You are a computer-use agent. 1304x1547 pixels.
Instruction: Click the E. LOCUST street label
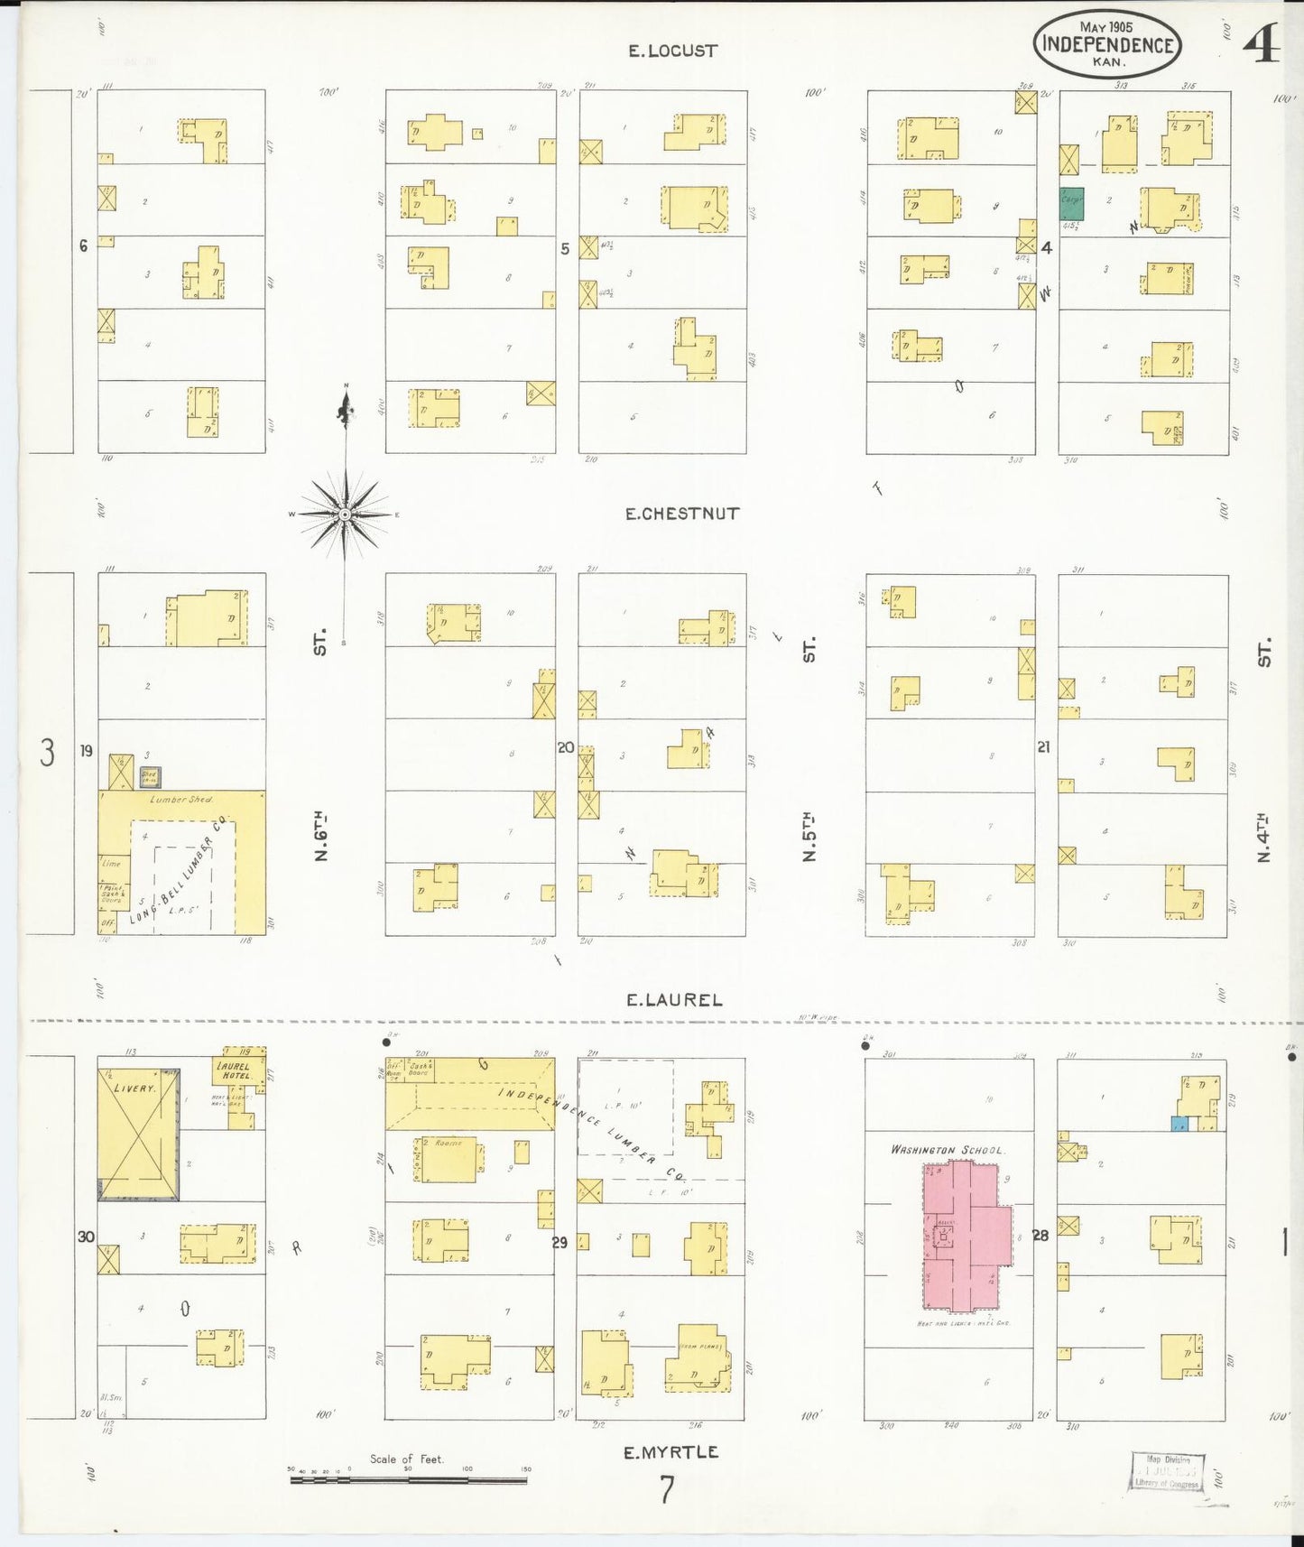(x=672, y=51)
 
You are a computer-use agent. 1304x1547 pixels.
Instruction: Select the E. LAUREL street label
(x=674, y=1000)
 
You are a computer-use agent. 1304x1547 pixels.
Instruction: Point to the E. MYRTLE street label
(x=670, y=1452)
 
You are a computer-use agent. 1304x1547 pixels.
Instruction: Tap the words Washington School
(x=947, y=1150)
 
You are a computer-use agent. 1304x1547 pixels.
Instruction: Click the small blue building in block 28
(x=1179, y=1124)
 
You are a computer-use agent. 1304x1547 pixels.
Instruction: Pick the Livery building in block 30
(x=138, y=1135)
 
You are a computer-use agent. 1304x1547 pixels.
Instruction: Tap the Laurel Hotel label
(x=234, y=1070)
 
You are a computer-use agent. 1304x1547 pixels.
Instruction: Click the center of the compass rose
(x=345, y=514)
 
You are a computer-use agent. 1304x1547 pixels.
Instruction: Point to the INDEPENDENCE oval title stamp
(x=1107, y=44)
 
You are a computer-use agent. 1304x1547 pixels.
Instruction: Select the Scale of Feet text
(x=406, y=1459)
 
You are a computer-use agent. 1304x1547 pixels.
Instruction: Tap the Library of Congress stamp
(x=1168, y=1472)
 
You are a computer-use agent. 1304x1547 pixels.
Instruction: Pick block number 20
(x=566, y=747)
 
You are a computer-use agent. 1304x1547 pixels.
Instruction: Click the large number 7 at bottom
(x=666, y=1490)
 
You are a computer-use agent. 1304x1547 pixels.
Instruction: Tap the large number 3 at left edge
(x=47, y=752)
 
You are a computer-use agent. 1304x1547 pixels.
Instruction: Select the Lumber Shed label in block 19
(x=181, y=800)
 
